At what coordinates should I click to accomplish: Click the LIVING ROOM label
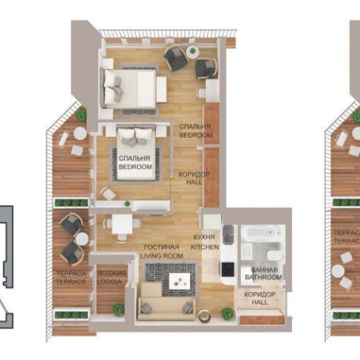162,256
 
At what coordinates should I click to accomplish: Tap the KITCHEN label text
205,247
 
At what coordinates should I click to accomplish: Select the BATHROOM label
264,277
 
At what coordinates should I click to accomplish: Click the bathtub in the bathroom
260,233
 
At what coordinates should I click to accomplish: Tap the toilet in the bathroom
274,254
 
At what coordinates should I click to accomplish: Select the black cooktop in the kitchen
228,269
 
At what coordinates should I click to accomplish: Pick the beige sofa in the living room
166,303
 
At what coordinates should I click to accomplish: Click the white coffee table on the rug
179,281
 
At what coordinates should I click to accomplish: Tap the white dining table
122,224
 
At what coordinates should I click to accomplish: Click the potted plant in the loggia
118,309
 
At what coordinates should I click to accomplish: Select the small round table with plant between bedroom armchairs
193,52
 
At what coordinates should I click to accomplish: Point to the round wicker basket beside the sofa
204,316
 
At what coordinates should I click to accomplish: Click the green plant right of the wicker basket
227,313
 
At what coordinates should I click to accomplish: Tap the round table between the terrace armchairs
82,239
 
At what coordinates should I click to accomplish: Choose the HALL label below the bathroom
260,302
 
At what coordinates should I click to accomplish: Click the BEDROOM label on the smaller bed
135,167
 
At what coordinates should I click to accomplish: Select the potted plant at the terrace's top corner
81,115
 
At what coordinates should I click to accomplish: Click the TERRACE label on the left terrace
71,282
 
